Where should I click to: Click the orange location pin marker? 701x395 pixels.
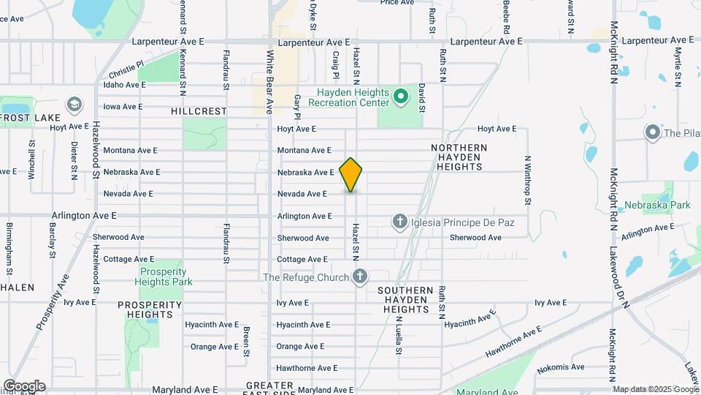coord(351,174)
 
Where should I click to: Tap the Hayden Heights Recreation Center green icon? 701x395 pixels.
coord(399,96)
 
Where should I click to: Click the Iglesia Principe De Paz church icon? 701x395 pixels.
coord(399,220)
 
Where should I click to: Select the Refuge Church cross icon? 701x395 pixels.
coord(359,276)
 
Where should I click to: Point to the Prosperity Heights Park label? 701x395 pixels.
coord(166,276)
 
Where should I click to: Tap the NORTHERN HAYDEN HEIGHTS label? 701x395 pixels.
coord(459,157)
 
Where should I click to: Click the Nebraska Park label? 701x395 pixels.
coord(662,206)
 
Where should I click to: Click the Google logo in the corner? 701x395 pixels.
coord(24,386)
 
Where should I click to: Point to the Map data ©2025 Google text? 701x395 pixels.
coord(656,389)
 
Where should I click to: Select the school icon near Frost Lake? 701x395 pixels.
coord(73,105)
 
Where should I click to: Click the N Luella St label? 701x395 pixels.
coord(399,336)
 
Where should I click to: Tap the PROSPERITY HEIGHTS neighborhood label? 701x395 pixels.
coord(150,309)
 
